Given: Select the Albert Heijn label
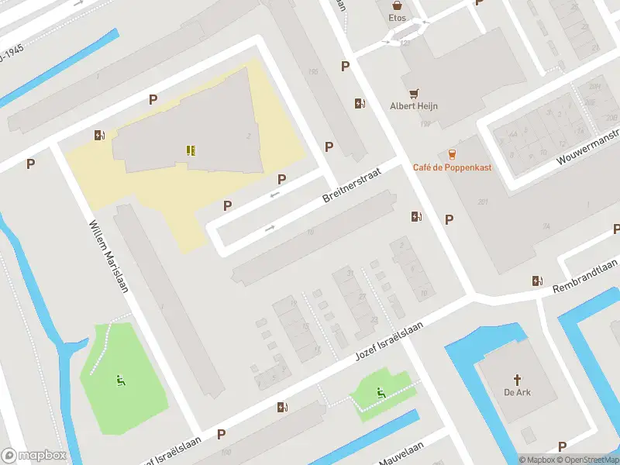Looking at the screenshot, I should point(414,106).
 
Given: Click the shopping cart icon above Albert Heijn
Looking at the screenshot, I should point(414,91).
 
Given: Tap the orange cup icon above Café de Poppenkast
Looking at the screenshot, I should point(452,153).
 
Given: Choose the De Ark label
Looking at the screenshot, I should point(516,392).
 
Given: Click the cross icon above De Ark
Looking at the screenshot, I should point(517,378).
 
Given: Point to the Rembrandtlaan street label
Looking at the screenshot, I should point(585,277).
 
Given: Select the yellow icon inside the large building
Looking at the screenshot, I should point(191,150).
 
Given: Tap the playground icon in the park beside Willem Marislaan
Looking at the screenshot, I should point(121,380).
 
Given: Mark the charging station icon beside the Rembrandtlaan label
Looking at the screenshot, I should point(537,281).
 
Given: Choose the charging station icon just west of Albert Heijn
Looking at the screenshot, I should point(360,103).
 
